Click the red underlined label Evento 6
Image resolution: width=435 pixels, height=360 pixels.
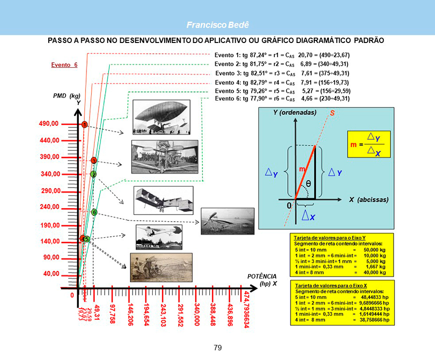coord(64,65)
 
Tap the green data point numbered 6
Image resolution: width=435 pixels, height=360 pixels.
coord(94,212)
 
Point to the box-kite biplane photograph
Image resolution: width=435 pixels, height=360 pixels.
coord(164,200)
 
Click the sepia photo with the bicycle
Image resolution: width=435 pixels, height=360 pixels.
coord(161,267)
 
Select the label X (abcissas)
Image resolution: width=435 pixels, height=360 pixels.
coord(369,199)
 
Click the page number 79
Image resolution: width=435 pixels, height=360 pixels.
coord(218,347)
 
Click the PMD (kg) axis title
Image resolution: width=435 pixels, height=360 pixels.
coord(66,96)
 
